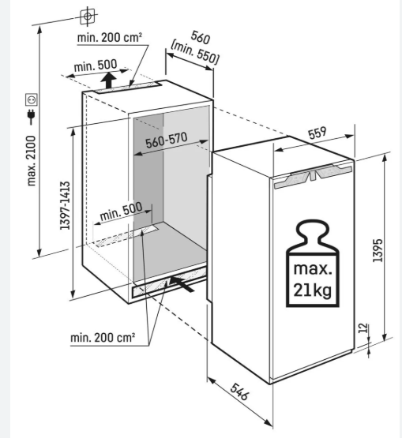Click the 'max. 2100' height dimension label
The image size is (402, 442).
[x=32, y=161]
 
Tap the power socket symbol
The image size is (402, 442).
[x=31, y=99]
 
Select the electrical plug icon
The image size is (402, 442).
[x=31, y=116]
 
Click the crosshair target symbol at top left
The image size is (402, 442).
[x=88, y=16]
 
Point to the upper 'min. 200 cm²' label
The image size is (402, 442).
[x=110, y=38]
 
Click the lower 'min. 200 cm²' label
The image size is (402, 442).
[x=103, y=337]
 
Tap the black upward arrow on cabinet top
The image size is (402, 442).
[x=109, y=80]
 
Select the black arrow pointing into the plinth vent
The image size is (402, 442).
[x=182, y=283]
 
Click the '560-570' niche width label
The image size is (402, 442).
[x=167, y=140]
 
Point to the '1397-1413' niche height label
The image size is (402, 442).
[x=66, y=205]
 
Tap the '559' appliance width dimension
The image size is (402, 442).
[x=317, y=133]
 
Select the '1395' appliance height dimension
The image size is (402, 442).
[x=378, y=251]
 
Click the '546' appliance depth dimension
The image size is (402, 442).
[x=240, y=391]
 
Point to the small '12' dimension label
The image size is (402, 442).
[x=363, y=328]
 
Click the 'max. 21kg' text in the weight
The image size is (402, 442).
[x=313, y=280]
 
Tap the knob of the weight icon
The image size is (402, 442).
[x=312, y=232]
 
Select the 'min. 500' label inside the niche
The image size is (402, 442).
[x=121, y=212]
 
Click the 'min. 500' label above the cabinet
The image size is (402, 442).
[x=96, y=66]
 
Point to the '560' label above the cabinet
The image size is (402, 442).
[x=201, y=38]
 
